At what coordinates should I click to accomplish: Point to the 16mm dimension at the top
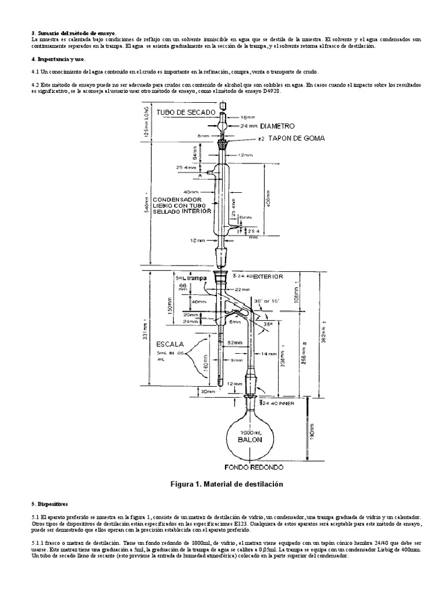[246, 117]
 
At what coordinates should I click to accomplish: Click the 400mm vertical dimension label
[268, 200]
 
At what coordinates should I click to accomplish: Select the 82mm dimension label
[234, 343]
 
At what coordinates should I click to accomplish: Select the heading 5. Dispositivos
[50, 503]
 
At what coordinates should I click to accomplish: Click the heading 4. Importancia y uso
[58, 59]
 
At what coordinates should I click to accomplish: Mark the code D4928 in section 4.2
[270, 91]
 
